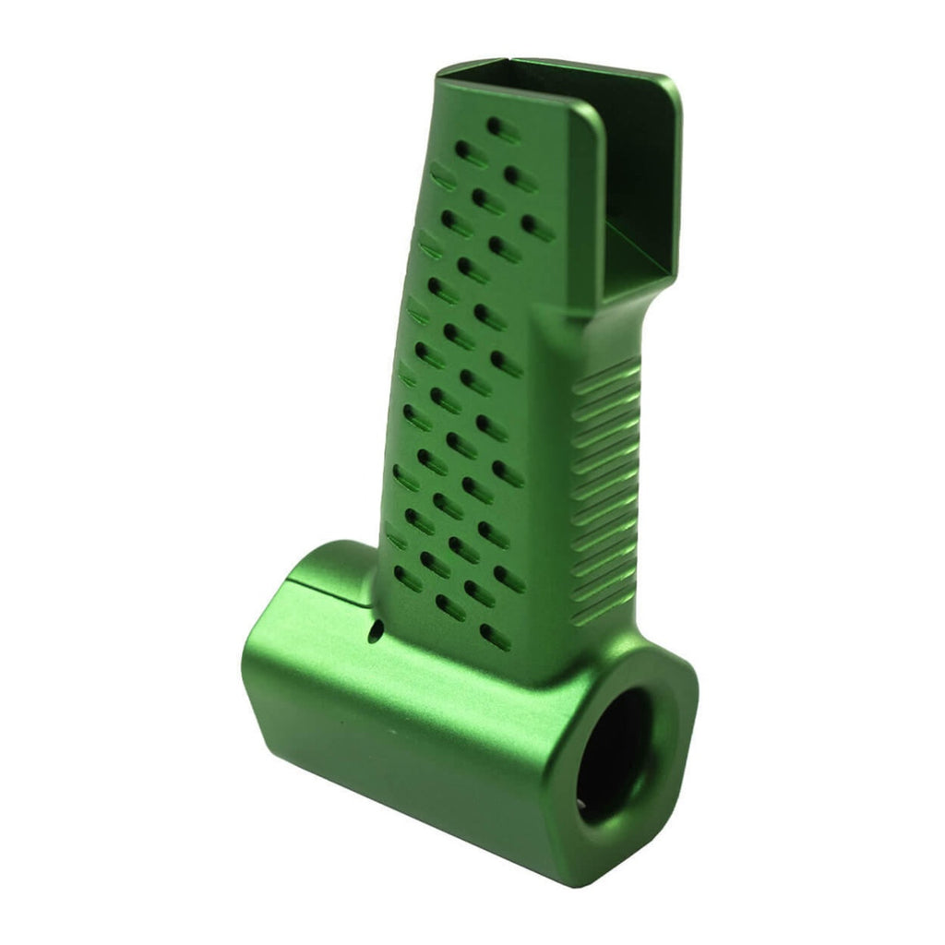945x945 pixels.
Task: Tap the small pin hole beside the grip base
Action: (x=376, y=632)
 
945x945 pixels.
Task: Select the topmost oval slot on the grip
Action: (x=504, y=127)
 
